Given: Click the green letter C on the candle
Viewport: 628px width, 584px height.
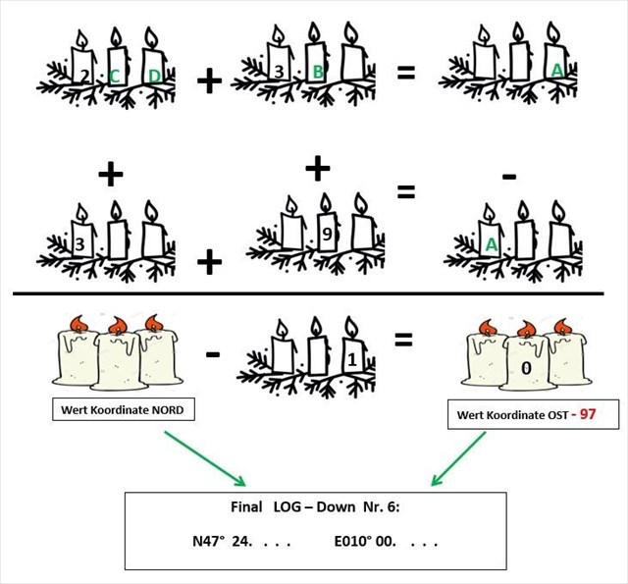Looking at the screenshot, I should pos(116,74).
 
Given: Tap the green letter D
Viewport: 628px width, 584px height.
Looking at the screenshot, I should pos(152,75).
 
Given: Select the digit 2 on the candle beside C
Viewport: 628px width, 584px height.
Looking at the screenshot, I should pos(85,74).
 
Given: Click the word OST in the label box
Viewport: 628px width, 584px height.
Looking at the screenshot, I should pos(543,415).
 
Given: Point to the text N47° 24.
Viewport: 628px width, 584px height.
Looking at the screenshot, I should pos(224,540).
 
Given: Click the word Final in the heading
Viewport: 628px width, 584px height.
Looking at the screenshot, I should pos(243,507).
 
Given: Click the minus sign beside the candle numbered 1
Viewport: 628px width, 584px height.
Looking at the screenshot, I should pos(213,350).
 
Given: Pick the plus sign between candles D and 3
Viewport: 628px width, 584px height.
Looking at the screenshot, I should pos(208,81).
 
